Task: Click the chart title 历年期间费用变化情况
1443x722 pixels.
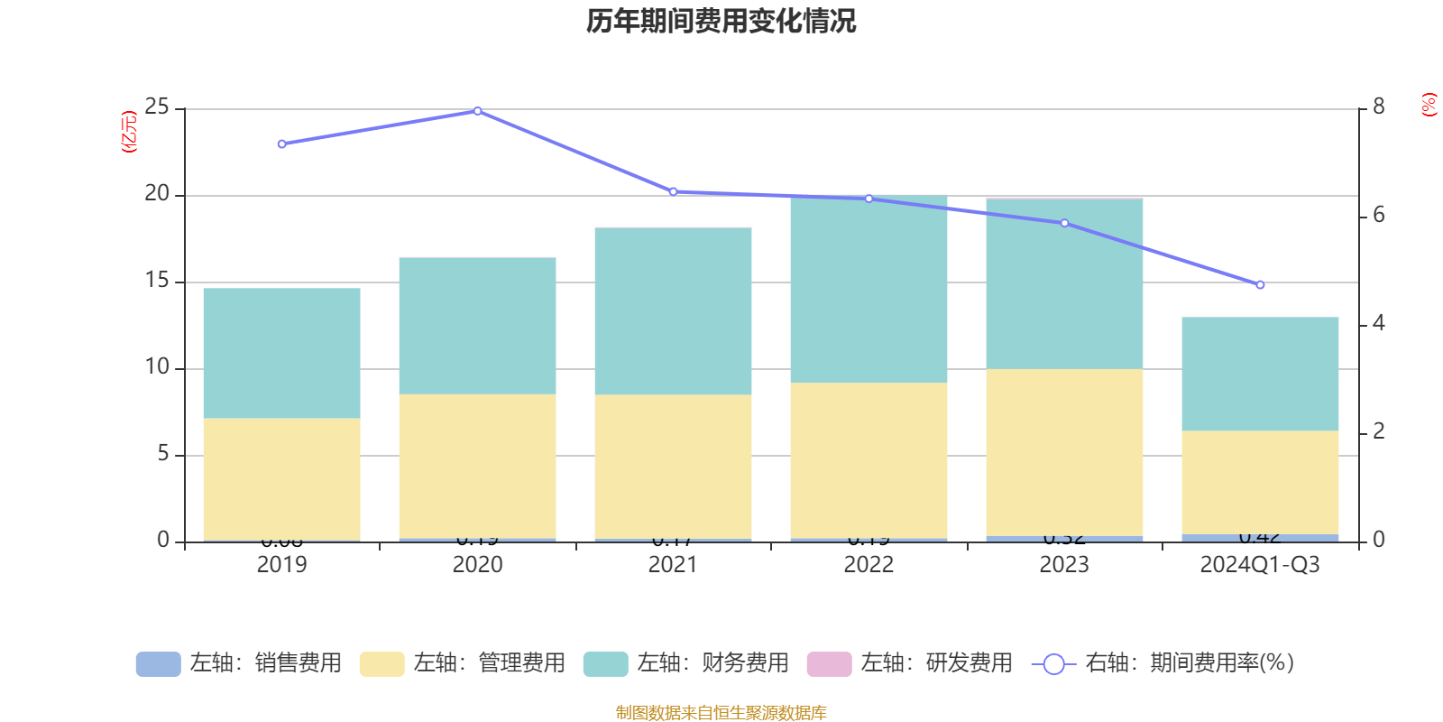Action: point(721,21)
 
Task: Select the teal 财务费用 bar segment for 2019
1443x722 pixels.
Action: point(281,353)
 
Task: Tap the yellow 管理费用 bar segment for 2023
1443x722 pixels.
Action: point(1064,452)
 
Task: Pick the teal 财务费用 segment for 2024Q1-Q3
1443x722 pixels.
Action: point(1260,374)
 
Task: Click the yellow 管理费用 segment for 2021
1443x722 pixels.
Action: point(673,467)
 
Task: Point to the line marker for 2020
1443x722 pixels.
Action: point(477,111)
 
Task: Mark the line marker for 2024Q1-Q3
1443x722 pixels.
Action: point(1260,285)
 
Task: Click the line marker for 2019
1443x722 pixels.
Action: point(281,144)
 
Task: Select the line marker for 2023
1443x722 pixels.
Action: point(1064,223)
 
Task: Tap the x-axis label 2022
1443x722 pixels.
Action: point(869,565)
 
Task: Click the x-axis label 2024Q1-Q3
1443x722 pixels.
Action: point(1260,565)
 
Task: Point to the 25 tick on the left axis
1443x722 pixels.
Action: point(157,107)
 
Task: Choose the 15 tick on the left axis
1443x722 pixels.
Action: point(157,281)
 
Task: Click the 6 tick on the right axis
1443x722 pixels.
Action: point(1378,215)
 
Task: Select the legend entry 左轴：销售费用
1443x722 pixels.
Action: point(239,663)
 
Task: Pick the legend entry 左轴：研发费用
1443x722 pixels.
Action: point(910,663)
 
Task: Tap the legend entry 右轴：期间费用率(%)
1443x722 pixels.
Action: point(1163,663)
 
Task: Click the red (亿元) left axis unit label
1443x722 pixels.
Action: point(129,132)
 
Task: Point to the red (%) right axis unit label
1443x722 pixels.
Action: point(1429,105)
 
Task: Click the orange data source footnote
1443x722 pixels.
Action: point(721,713)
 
